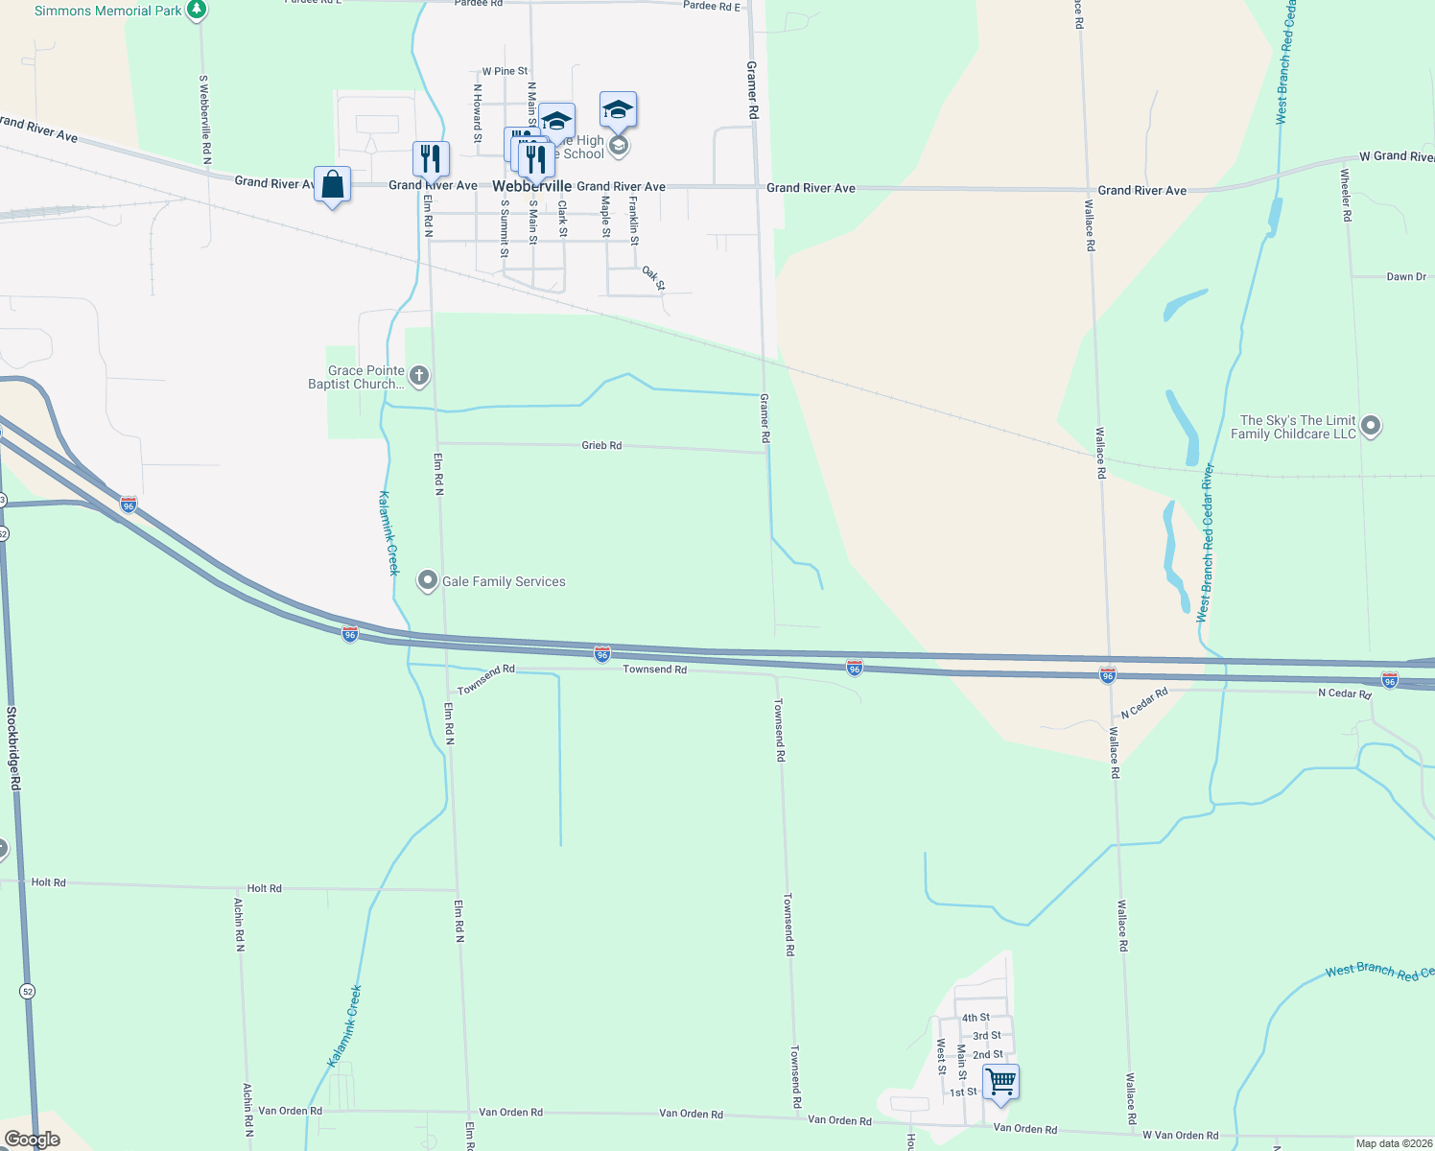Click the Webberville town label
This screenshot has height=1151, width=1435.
[531, 186]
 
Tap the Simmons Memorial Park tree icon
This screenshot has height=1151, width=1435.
[197, 11]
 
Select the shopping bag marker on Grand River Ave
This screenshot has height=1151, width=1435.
[332, 184]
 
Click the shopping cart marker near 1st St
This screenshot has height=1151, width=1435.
[1000, 1082]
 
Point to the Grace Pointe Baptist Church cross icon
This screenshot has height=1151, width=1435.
[419, 376]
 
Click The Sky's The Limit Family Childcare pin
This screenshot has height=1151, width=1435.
[1371, 426]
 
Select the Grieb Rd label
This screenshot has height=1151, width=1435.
[601, 445]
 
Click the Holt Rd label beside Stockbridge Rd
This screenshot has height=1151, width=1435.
[49, 881]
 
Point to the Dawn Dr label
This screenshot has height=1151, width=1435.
[1406, 276]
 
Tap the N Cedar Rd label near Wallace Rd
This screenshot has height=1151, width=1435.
[1144, 702]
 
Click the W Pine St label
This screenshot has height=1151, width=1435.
[505, 71]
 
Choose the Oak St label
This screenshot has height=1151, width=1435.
[653, 277]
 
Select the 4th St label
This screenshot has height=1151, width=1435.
[976, 1018]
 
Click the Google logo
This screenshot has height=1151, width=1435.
[33, 1139]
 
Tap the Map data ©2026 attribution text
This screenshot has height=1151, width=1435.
[1394, 1143]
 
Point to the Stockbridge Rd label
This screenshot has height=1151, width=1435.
[13, 748]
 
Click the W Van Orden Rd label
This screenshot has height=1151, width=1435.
[1180, 1135]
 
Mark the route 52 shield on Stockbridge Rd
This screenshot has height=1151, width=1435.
[28, 991]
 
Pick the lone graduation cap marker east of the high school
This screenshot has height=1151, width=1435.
[618, 110]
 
